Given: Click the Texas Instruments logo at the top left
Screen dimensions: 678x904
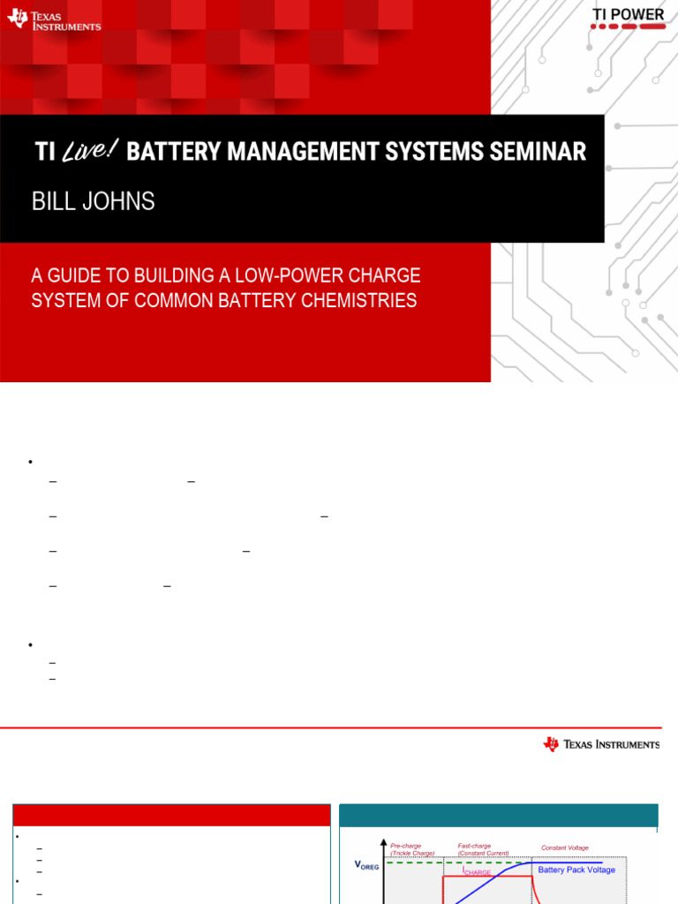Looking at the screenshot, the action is (54, 19).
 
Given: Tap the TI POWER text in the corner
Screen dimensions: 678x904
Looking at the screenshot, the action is (628, 14).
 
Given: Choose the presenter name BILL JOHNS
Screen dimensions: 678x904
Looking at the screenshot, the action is (93, 201).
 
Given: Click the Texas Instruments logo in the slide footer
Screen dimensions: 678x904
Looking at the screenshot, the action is (601, 744).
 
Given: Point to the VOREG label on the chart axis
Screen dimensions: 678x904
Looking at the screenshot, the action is (366, 865).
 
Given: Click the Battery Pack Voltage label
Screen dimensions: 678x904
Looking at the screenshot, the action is (576, 870).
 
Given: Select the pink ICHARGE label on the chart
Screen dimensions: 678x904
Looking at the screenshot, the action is (477, 871).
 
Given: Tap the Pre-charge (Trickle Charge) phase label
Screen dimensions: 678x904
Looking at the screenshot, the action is (412, 849).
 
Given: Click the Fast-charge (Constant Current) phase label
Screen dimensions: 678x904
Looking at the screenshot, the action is (483, 849).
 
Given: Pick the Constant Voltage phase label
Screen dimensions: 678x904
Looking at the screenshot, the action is (565, 848).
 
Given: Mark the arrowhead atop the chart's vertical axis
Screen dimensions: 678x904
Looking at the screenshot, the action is (383, 843).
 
